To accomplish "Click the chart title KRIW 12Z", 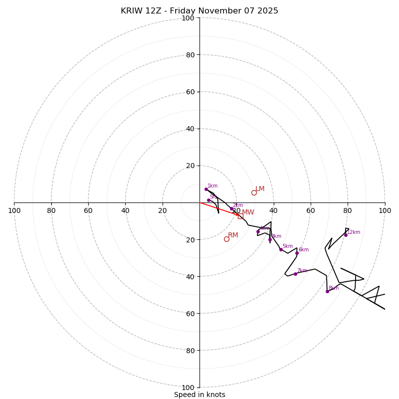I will tap(199, 11).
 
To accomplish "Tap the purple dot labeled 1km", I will tap(206, 189).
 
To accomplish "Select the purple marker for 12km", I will tap(346, 235).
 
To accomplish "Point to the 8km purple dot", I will tap(327, 291).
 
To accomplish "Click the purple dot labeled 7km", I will tap(295, 274).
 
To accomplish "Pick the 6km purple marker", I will tap(297, 253).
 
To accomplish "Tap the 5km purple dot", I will tap(281, 249).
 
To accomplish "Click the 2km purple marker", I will tap(231, 209).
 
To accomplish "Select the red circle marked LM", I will tap(254, 193).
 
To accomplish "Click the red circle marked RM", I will tap(226, 239).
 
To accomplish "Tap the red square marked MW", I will tap(240, 216).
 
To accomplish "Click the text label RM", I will tap(233, 235).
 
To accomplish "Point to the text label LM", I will tap(260, 189).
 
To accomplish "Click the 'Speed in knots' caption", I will tap(199, 395).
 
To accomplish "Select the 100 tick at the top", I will tap(188, 18).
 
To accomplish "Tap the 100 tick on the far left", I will tap(14, 210).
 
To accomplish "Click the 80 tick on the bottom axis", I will tap(188, 350).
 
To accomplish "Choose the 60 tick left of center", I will tap(88, 210).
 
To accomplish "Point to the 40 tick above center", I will tap(188, 129).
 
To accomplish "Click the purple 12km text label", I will tap(354, 232).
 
